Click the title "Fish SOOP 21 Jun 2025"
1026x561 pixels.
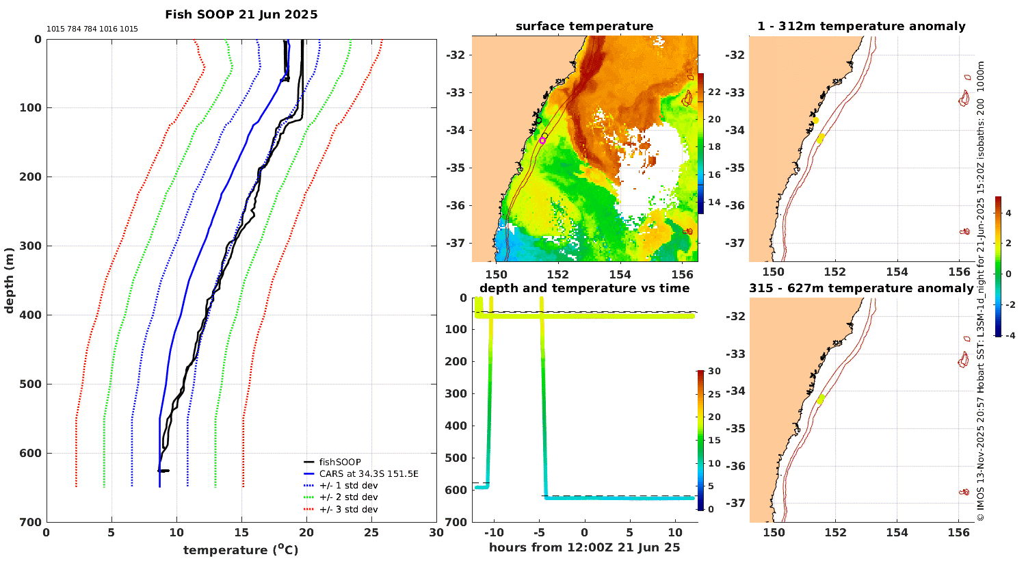tap(241, 14)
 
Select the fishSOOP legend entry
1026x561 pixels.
tap(340, 462)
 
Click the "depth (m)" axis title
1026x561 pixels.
tap(9, 280)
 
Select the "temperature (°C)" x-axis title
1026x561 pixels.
tap(241, 549)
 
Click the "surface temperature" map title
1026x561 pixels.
tap(584, 27)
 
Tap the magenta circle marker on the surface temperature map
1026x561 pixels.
tap(542, 140)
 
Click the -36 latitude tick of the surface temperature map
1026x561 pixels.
tap(456, 205)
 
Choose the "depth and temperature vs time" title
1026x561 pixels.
tap(584, 288)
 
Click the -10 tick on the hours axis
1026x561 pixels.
tap(494, 532)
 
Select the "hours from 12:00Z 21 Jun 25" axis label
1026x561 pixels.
tap(584, 547)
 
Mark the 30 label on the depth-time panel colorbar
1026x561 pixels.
tap(714, 371)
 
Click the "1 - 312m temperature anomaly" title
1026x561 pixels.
tap(861, 27)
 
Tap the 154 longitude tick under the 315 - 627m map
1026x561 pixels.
tap(897, 532)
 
